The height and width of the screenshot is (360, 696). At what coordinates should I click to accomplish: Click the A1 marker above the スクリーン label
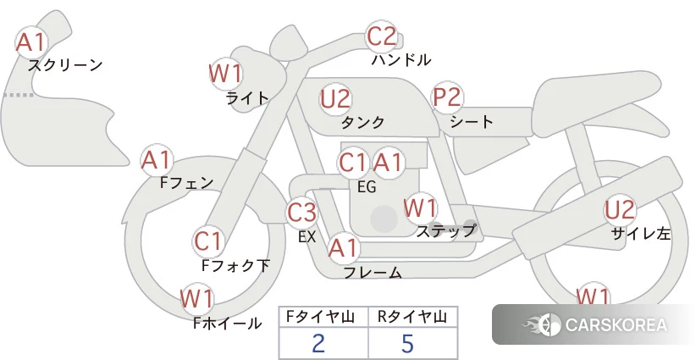point(31,42)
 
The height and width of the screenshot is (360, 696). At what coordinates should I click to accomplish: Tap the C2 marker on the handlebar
point(382,36)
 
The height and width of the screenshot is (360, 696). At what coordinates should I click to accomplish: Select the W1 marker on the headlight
point(225,74)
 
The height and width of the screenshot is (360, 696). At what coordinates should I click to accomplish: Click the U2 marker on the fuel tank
point(335,99)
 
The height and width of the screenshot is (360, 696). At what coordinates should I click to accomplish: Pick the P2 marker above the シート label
point(447,97)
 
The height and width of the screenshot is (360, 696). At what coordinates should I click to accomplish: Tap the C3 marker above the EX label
point(301,213)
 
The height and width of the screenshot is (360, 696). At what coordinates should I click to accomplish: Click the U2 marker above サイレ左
point(620,210)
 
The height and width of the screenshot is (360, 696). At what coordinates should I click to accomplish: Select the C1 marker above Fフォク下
point(208,242)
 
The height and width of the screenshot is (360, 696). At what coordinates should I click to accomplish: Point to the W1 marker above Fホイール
point(196,299)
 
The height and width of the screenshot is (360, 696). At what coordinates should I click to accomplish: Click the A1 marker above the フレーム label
point(343,248)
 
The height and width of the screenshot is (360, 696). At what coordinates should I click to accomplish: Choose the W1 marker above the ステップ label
point(420,208)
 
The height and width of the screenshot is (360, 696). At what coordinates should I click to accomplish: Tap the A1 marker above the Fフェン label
point(157,160)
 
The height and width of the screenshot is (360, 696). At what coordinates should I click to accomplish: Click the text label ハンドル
point(401,59)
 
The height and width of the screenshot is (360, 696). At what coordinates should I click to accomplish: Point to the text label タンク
point(362,122)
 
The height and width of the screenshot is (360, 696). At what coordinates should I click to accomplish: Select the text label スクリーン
point(65,65)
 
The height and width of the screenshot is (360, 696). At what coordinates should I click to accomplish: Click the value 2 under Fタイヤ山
point(318,343)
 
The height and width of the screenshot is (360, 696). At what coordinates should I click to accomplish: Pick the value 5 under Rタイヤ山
point(407,343)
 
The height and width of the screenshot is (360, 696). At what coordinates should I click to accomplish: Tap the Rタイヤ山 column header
point(412,317)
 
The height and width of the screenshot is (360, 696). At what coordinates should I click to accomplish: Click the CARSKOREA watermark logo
point(594,324)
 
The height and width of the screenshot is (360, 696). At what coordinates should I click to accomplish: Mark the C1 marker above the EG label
point(353,163)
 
